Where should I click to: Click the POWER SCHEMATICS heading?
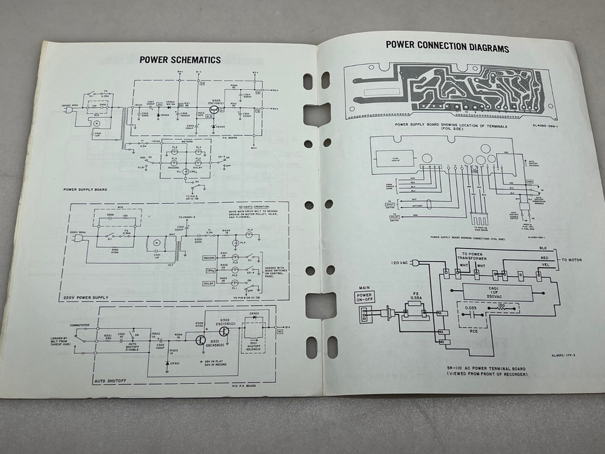pyautogui.click(x=180, y=59)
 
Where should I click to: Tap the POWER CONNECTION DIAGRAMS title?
pyautogui.click(x=447, y=47)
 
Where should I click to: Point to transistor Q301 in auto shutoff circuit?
pyautogui.click(x=201, y=340)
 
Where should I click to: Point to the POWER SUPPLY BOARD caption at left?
pyautogui.click(x=85, y=189)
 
